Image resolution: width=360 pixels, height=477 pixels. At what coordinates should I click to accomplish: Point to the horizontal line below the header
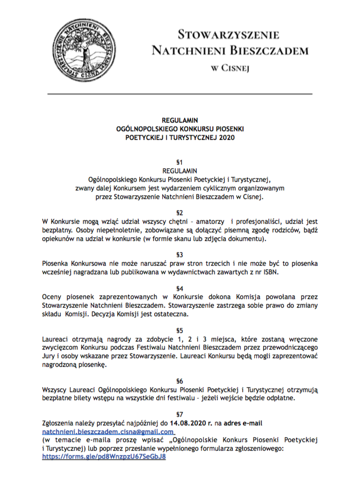click(180, 94)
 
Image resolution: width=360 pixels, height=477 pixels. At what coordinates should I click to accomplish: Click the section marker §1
click(180, 162)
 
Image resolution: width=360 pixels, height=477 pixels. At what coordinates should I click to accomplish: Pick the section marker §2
click(180, 212)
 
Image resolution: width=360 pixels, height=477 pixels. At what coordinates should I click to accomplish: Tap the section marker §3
click(180, 254)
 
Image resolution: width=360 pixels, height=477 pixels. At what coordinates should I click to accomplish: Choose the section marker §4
click(180, 287)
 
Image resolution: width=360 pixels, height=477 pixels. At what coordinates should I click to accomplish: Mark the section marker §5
click(180, 329)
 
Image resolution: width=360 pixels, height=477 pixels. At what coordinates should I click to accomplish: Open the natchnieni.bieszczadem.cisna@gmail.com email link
click(98, 431)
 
